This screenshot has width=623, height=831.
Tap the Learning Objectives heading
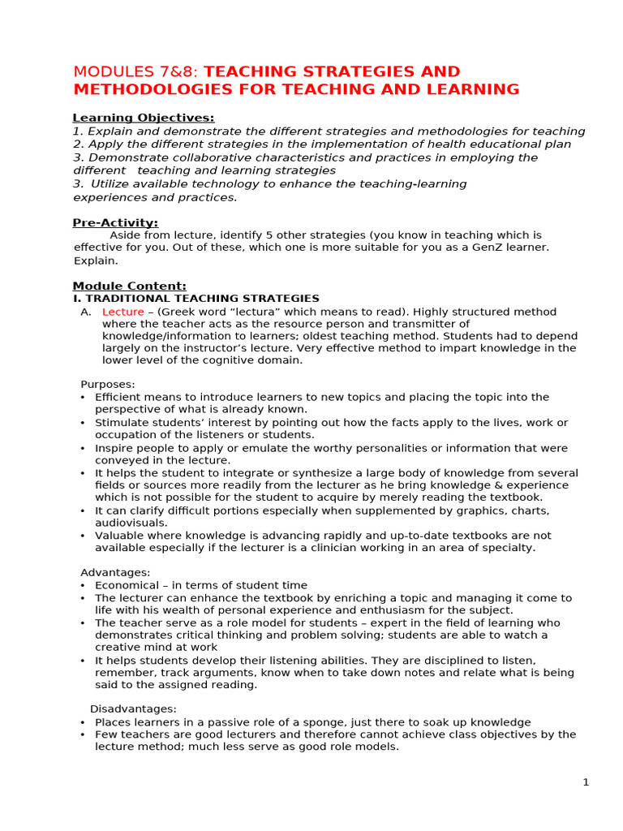144,118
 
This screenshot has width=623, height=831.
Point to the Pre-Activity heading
115,222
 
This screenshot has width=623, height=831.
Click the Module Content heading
129,286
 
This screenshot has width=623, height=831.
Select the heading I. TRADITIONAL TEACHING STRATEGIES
196,299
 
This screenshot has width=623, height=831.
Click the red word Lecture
122,312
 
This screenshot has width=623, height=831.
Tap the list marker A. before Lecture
85,312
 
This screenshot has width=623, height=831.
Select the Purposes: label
108,384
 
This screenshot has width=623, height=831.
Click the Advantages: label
115,572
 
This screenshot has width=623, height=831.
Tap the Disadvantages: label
133,709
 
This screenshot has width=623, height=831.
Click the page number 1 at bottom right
586,782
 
